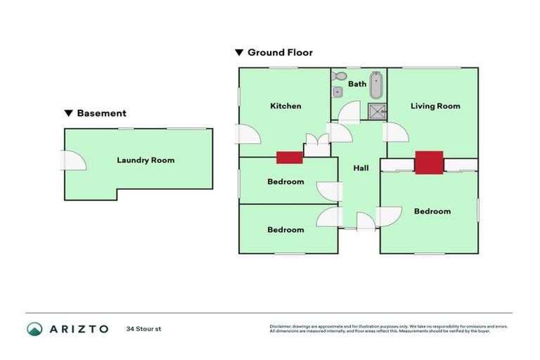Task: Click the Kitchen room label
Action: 285,106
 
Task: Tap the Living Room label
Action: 435,106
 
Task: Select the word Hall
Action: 361,168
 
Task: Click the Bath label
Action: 357,84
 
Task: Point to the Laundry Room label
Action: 145,160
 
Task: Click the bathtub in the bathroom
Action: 376,84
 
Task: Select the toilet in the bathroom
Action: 339,76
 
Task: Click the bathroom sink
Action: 337,91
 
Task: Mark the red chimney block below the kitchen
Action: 289,157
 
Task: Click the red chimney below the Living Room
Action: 428,162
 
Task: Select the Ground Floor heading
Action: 279,53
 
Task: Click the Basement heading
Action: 101,113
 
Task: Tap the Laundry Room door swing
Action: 75,160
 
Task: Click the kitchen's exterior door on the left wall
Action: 247,134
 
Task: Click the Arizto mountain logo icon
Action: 34,329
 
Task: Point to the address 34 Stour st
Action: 143,329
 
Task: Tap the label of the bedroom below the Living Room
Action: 432,212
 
